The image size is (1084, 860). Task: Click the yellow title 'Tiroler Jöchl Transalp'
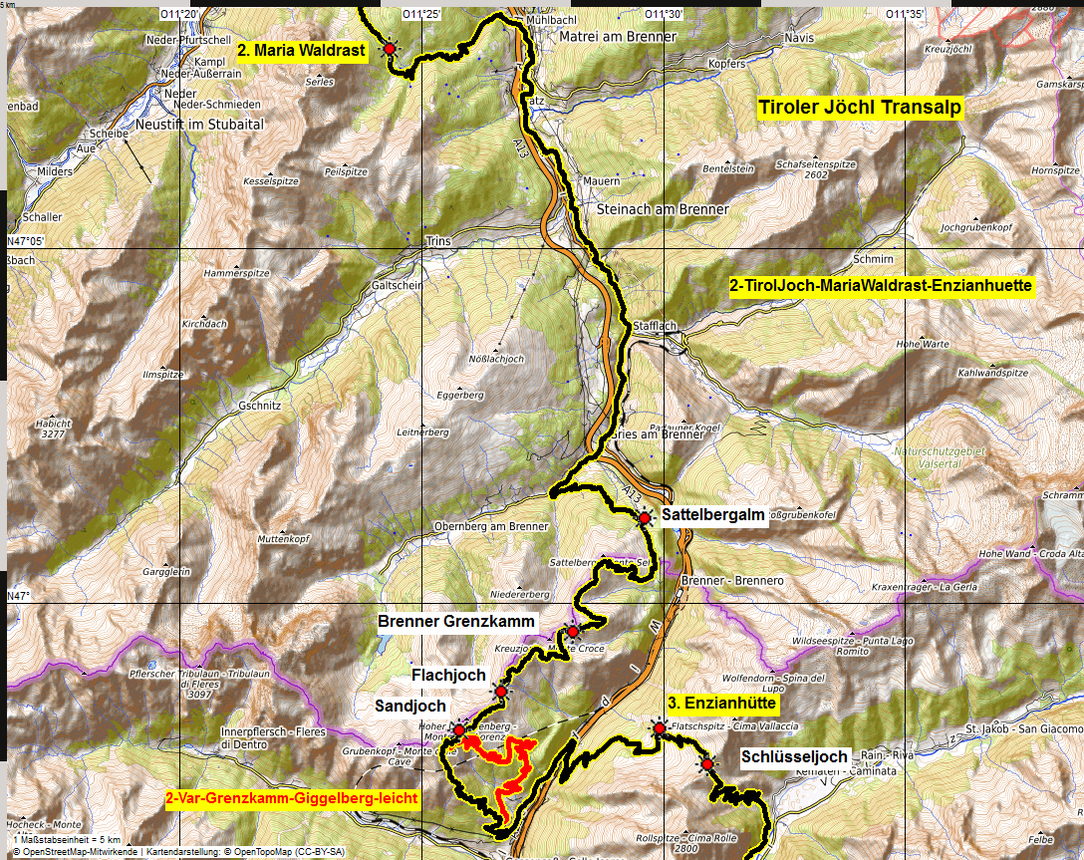tap(861, 108)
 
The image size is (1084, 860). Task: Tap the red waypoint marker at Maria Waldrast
tap(389, 48)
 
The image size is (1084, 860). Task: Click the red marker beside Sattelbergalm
tap(645, 517)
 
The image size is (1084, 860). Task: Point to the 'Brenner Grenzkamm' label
tap(456, 622)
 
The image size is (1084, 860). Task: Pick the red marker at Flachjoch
tap(500, 692)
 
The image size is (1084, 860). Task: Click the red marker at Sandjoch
tap(458, 730)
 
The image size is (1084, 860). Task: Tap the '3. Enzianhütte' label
tap(722, 703)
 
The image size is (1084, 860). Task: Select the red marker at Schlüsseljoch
tap(707, 764)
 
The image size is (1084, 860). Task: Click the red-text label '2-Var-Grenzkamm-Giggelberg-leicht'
tap(291, 798)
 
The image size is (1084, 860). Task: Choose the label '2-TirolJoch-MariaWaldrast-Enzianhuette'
tap(882, 286)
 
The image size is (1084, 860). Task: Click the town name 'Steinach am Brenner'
tap(663, 209)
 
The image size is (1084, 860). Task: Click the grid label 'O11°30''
tap(663, 14)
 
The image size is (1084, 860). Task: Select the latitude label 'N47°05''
tap(26, 241)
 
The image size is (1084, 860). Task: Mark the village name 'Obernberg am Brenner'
tap(491, 526)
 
